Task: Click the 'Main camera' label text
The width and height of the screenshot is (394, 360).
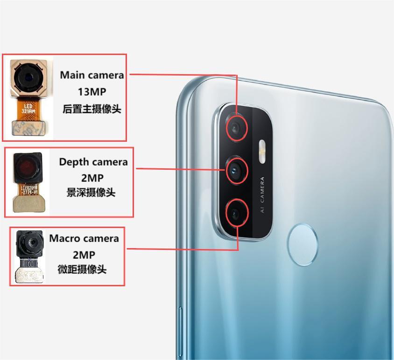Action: click(x=92, y=75)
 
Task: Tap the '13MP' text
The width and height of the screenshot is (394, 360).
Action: click(x=91, y=91)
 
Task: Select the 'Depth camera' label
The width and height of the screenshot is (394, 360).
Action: click(x=93, y=162)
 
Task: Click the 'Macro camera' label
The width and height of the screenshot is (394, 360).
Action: click(x=84, y=238)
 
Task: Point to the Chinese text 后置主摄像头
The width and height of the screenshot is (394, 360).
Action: click(x=91, y=109)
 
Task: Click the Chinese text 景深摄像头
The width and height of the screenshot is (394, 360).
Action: click(x=91, y=192)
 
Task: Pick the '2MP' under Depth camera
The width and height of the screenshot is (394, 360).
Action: click(x=92, y=178)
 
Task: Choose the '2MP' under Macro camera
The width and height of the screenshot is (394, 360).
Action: click(x=84, y=254)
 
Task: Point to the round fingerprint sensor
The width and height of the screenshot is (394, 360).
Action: click(x=303, y=241)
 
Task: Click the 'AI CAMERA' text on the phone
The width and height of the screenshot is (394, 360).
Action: click(x=262, y=195)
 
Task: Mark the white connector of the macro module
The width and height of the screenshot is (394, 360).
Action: click(x=28, y=275)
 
